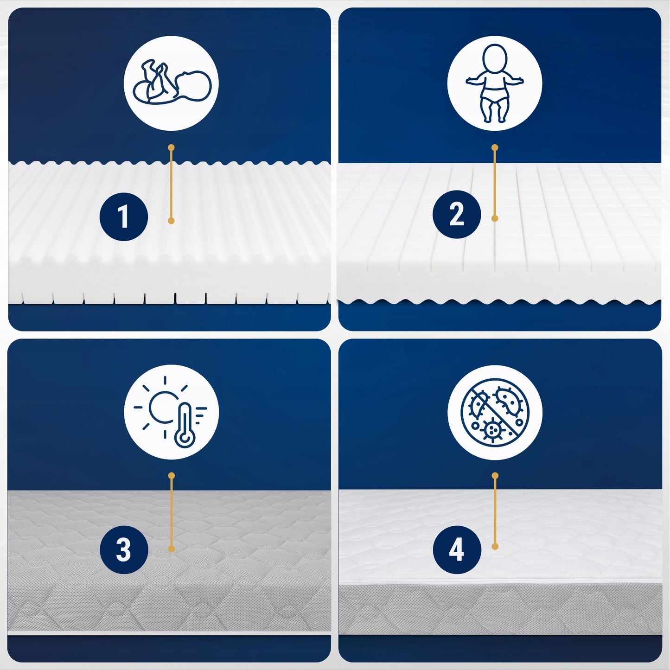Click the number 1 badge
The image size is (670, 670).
124,217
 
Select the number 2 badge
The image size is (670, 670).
457,214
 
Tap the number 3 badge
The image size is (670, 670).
124,550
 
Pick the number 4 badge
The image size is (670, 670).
457,550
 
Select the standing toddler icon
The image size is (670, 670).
494,83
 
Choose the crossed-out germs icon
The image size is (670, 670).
494,412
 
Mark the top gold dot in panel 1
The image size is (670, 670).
171,148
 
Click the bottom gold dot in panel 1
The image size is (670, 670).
171,220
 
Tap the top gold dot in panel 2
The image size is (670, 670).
495,148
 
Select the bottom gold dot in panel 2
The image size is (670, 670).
495,218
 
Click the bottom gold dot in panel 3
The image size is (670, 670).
171,549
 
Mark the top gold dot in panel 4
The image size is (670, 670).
495,476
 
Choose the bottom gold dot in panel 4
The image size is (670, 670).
495,547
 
